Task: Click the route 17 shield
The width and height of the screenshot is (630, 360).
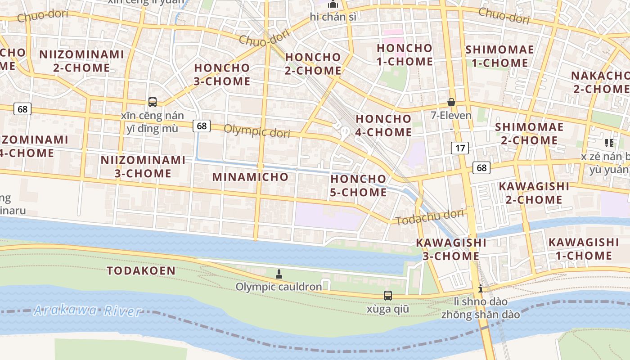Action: [459, 148]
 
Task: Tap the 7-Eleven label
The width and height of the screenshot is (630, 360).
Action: [451, 116]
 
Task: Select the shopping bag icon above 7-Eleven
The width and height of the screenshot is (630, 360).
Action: [451, 103]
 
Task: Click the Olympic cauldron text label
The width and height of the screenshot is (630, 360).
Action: [279, 287]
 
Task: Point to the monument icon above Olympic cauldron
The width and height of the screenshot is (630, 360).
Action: [279, 274]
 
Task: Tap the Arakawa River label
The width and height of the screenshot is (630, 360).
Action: [88, 310]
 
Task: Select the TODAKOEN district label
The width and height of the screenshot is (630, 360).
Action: [141, 270]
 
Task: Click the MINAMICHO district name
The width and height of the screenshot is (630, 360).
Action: [250, 177]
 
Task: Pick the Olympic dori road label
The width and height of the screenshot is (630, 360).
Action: [256, 131]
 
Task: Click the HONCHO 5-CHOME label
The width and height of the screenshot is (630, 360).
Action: [358, 185]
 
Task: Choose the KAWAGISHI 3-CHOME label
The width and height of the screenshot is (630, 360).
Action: [451, 249]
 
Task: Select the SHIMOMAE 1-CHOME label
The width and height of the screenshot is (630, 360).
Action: [499, 56]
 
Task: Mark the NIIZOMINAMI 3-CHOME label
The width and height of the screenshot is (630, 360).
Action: [143, 166]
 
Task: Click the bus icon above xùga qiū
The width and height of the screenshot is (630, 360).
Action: [387, 296]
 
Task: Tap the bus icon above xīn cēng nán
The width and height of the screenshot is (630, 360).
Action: [153, 102]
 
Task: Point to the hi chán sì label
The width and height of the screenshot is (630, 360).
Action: [333, 17]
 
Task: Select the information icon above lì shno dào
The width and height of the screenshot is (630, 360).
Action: [481, 288]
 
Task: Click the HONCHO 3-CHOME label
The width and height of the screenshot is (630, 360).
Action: [222, 75]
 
